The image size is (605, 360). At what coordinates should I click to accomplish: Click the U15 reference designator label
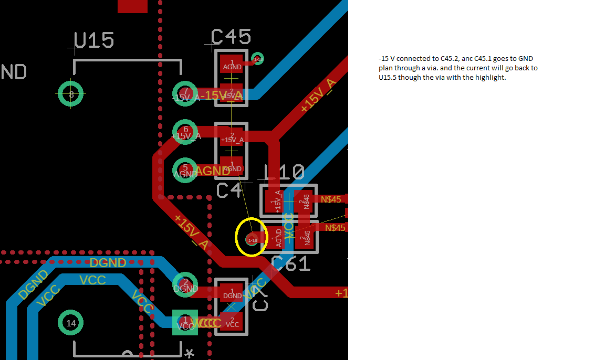tap(94, 40)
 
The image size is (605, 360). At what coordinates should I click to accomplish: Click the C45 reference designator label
tap(231, 37)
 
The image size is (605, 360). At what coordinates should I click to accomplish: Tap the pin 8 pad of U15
tap(71, 94)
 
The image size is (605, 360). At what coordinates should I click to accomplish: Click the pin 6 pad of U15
tap(185, 132)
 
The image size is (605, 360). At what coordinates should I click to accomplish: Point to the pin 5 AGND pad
tap(185, 170)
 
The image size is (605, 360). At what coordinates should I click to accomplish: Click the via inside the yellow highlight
tap(253, 239)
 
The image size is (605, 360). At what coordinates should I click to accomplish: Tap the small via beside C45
tap(257, 58)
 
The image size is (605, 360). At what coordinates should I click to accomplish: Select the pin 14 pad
tap(71, 323)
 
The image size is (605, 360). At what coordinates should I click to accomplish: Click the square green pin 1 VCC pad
tap(185, 322)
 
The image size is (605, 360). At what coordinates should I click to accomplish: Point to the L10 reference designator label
tap(284, 173)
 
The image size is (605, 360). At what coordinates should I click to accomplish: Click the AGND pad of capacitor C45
tap(232, 64)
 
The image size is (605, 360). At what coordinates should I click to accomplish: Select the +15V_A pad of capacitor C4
tap(232, 137)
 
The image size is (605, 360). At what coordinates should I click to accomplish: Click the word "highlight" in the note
tap(490, 78)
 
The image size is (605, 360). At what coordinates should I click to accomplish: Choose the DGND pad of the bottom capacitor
tap(232, 293)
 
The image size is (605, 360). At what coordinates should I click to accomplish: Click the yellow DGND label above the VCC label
tap(108, 262)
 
